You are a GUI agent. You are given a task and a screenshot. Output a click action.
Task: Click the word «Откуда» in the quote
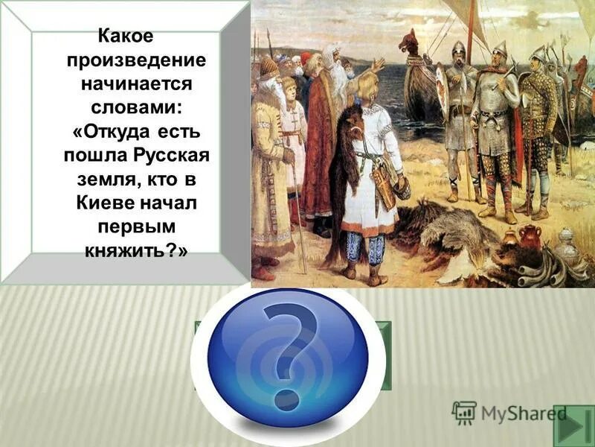(118, 133)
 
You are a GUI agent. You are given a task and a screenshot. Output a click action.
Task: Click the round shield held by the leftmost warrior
(442, 89)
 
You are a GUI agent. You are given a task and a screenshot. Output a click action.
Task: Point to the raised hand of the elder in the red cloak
(377, 66)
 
